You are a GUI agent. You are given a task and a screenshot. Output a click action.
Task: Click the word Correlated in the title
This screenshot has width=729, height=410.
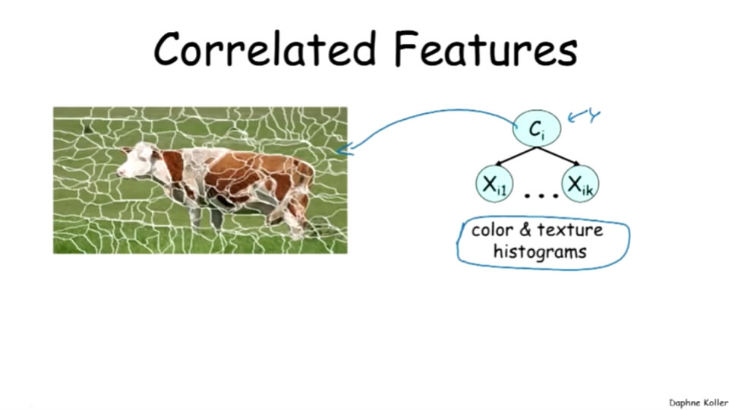264,49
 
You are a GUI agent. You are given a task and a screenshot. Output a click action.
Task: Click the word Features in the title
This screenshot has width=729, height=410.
486,49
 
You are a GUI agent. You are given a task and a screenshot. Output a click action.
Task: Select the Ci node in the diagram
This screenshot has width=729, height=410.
537,128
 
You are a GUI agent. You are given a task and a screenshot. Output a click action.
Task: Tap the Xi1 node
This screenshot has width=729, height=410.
494,184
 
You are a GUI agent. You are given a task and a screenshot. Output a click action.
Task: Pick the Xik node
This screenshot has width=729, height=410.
580,184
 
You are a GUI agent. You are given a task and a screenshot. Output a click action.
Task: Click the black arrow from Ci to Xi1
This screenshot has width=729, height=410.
516,156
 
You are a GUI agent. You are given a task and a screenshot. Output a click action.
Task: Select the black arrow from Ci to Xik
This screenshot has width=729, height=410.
558,156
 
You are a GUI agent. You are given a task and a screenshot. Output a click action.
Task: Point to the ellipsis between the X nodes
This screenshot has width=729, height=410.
541,196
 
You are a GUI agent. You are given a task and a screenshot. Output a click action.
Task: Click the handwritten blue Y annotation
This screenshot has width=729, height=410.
594,115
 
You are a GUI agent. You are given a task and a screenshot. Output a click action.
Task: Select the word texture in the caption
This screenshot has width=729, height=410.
570,229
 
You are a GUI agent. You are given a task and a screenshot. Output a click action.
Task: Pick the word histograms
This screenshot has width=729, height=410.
540,252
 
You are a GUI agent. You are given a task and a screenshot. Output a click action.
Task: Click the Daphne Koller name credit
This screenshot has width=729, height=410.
699,402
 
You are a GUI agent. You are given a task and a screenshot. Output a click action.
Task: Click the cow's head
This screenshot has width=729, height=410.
135,160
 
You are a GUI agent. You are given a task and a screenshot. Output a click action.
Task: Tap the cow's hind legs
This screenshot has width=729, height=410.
292,219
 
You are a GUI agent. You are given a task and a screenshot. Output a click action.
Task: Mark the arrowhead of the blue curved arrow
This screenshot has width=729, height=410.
343,149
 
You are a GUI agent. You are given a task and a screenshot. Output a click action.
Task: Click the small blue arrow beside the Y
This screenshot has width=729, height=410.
576,117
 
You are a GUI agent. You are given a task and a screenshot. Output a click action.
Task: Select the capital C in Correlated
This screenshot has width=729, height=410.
166,49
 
